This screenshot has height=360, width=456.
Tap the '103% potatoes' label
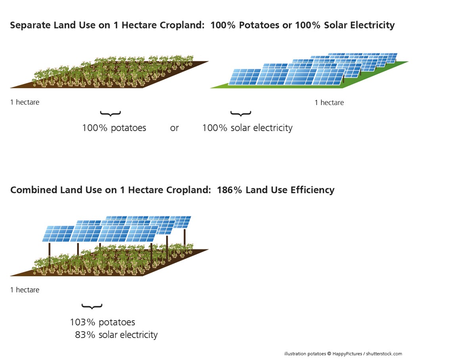pos(102,322)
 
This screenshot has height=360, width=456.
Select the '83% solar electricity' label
pos(116,335)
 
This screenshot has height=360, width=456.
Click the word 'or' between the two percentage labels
pos(174,128)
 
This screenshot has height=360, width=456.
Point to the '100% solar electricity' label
pos(247,128)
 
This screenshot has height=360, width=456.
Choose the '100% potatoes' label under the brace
pos(114,128)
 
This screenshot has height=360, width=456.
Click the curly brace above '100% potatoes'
pos(110,113)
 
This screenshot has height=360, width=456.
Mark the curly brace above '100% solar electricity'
pos(241,113)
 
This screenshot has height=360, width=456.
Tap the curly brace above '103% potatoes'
pos(92,306)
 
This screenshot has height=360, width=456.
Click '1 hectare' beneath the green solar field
pos(329,103)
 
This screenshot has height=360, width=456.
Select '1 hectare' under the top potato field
pos(25,102)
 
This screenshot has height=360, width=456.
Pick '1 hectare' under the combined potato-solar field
pos(25,290)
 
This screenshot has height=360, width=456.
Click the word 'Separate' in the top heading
pos(30,25)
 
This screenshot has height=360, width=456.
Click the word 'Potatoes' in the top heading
pos(259,25)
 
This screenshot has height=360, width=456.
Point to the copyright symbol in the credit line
pos(329,354)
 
